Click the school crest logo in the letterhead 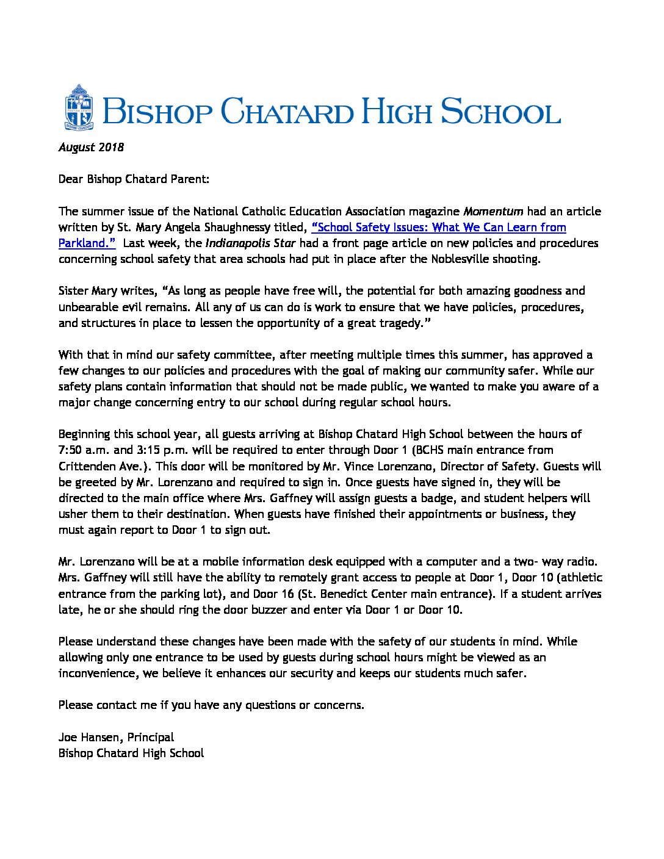[78, 107]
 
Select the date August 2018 [91, 147]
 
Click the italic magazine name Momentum [493, 211]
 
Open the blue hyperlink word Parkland [87, 243]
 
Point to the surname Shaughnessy [268, 228]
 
